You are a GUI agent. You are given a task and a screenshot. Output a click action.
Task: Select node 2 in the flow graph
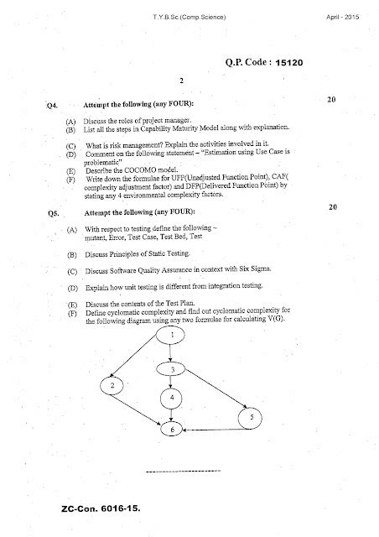[x=112, y=385]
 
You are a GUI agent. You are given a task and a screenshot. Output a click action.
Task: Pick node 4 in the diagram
[x=172, y=397]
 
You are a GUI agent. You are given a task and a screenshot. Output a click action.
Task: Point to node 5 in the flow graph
[x=252, y=417]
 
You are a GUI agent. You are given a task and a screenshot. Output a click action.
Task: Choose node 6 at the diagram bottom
[x=173, y=430]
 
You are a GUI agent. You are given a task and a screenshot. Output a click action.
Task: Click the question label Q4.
[x=53, y=106]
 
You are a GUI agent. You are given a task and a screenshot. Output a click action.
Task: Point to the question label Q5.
[x=53, y=214]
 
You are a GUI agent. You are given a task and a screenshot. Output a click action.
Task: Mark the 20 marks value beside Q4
[x=331, y=100]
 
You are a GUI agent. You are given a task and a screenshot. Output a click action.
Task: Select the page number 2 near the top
[x=181, y=81]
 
